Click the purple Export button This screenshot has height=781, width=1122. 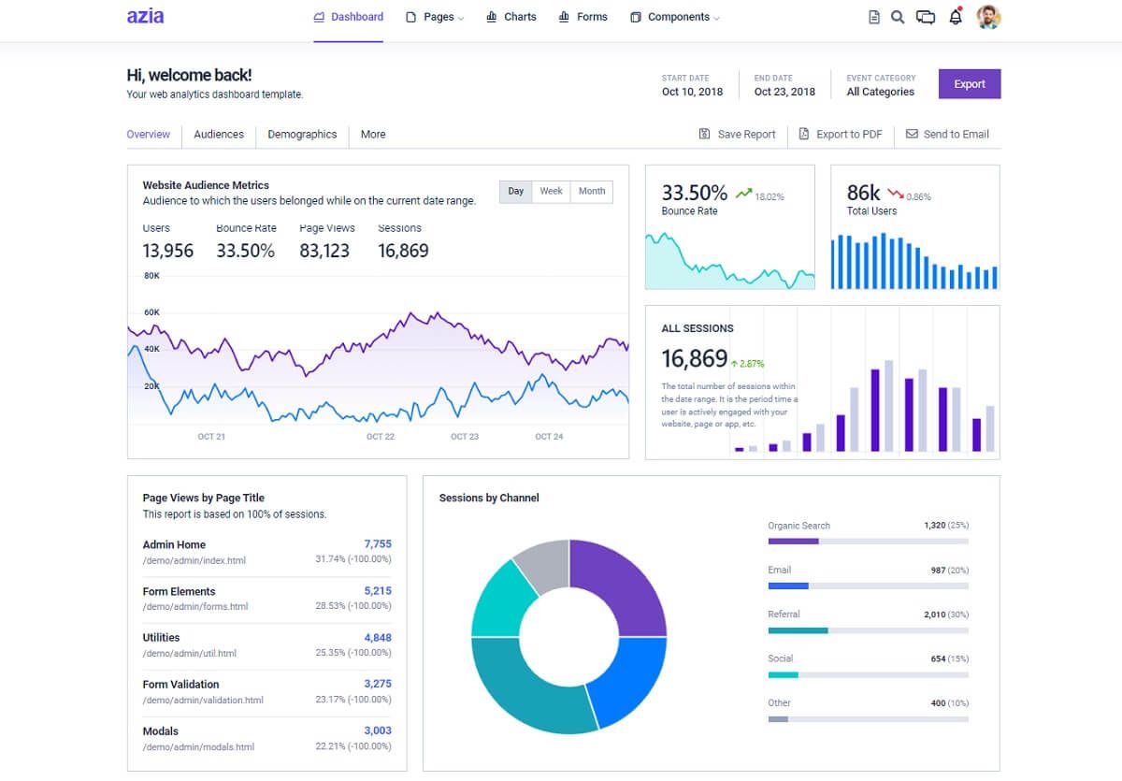[x=970, y=84]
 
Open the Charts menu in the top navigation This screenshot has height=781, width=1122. [x=511, y=17]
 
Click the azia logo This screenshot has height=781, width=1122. [x=145, y=17]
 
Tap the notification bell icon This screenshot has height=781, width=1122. [x=955, y=17]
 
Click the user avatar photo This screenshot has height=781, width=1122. [x=988, y=17]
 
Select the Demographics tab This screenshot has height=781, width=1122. [x=302, y=135]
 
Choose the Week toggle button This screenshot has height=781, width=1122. [x=551, y=191]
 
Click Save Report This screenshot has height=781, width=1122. [x=738, y=135]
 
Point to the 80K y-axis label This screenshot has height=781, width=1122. [x=151, y=276]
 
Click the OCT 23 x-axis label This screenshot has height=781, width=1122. [x=465, y=437]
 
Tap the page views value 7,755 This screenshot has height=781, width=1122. [x=378, y=544]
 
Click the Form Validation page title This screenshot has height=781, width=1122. [x=180, y=685]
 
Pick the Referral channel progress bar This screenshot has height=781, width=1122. [x=868, y=630]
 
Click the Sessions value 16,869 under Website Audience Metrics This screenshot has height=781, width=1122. [x=403, y=251]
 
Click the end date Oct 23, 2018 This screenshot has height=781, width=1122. [x=784, y=92]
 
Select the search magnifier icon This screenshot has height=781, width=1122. [x=898, y=17]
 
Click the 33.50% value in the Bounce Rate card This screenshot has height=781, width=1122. [x=694, y=193]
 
